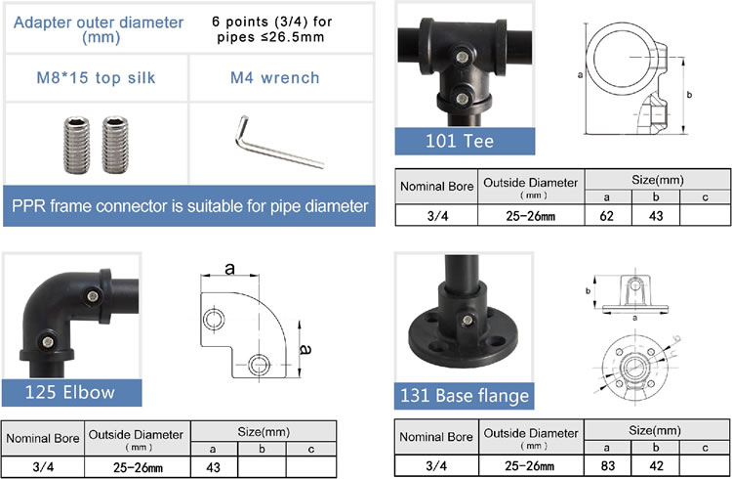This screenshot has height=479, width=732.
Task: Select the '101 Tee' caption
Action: pyautogui.click(x=459, y=141)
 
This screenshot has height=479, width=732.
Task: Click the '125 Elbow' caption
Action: pyautogui.click(x=70, y=393)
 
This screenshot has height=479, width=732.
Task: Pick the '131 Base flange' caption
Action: pyautogui.click(x=465, y=395)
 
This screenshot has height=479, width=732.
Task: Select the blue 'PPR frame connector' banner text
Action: pyautogui.click(x=189, y=206)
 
